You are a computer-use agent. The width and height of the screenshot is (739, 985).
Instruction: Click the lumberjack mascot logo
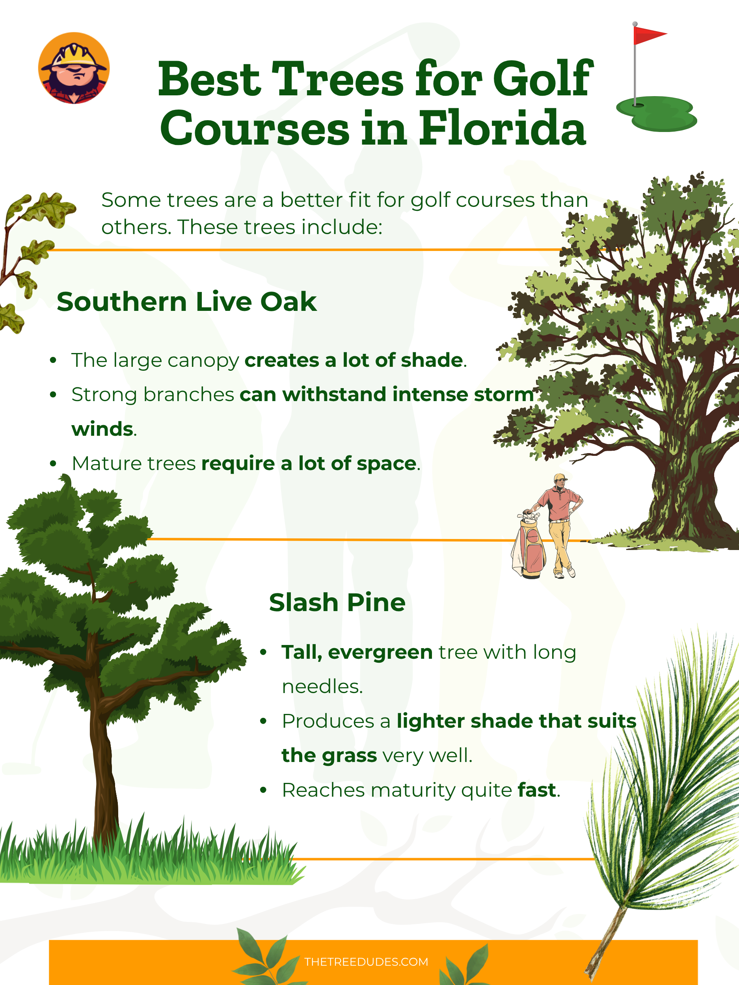click(74, 68)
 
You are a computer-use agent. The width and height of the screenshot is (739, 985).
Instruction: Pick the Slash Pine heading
click(337, 602)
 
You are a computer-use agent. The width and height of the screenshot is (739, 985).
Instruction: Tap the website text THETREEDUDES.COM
click(366, 962)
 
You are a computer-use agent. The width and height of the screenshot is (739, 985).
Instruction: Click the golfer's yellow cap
click(560, 478)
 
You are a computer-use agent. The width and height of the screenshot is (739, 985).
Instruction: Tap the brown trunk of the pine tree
click(103, 757)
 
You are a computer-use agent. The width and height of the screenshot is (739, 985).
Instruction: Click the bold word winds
click(102, 429)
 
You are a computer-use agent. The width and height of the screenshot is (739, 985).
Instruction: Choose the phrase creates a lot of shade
click(354, 360)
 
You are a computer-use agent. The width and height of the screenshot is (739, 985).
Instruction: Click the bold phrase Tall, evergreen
click(357, 652)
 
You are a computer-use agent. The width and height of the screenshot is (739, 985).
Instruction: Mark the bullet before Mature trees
click(53, 464)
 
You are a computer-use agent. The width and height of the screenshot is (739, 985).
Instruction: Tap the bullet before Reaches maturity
click(263, 790)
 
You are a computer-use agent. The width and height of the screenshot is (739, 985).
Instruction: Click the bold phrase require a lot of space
click(309, 464)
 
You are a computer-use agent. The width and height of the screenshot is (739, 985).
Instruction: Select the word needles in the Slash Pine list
click(321, 687)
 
